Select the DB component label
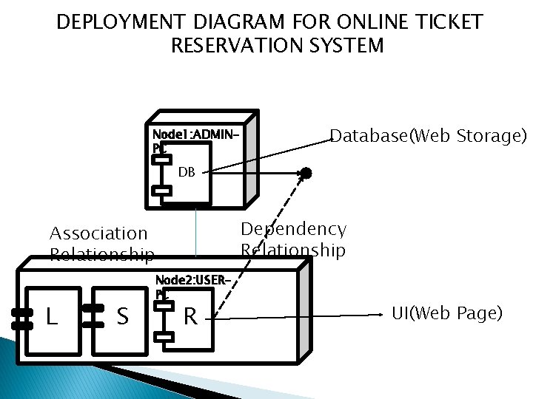[187, 172]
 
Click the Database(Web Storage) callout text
[428, 136]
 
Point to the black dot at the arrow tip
[306, 173]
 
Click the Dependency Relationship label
[293, 239]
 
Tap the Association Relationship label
[101, 244]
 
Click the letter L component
[51, 317]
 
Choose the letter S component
[123, 317]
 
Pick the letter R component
[190, 317]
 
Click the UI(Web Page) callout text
[446, 313]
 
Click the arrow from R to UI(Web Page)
[296, 318]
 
